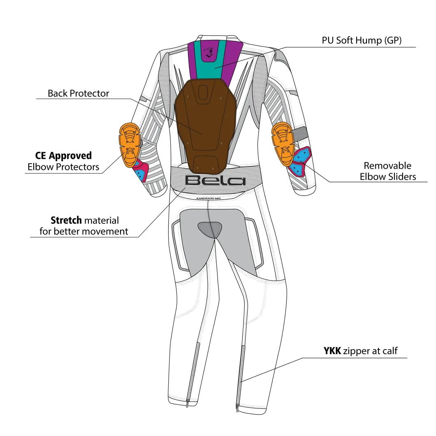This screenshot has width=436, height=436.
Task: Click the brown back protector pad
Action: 206,125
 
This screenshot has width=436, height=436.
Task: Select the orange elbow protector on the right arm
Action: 283,144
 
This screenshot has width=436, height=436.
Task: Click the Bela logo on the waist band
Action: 215,181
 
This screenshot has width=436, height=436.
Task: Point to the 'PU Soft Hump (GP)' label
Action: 362,40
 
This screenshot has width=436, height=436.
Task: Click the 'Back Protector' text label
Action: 79,93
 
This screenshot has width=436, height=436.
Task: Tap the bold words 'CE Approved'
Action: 63,156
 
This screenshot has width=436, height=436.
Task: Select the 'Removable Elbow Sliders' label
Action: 387,171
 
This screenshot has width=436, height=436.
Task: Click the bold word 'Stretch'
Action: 66,220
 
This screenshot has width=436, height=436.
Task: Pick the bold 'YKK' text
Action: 332,351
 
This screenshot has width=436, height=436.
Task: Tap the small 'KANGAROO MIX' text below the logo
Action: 209,198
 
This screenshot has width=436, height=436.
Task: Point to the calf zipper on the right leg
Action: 240,378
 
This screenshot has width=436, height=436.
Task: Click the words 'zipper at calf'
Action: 370,351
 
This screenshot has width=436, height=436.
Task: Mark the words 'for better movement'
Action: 83,231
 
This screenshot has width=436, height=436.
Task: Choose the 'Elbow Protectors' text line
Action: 63,167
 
